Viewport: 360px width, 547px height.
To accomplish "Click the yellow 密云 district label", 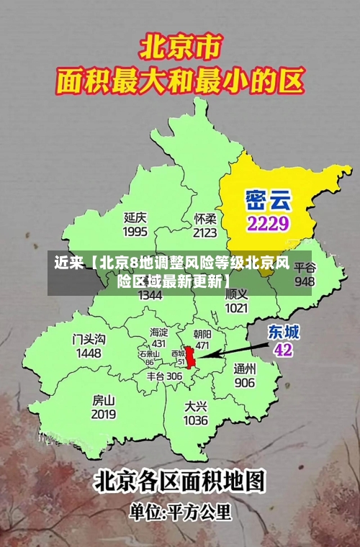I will [267, 197].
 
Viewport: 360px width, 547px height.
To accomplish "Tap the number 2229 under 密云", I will [268, 223].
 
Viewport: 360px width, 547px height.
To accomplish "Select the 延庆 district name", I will [135, 217].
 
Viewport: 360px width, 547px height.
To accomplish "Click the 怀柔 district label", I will [205, 218].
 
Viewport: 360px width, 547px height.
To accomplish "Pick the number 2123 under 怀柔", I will [205, 232].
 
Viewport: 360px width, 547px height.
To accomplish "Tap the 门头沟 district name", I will [89, 339].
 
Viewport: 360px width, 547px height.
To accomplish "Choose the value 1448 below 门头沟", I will [89, 353].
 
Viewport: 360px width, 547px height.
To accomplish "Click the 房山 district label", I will [104, 400].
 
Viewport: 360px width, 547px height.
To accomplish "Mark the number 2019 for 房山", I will [104, 415].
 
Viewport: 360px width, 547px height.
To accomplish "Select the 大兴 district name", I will [196, 405].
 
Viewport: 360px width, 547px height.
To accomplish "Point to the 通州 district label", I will [244, 368].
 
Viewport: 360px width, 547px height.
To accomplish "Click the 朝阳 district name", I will [202, 334].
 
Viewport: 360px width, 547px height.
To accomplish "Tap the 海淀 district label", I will [158, 332].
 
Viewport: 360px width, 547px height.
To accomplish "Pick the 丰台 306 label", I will [164, 376].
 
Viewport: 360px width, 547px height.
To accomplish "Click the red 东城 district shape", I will [191, 356].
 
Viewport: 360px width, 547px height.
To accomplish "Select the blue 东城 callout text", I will [284, 332].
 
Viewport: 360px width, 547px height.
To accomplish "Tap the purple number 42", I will [283, 350].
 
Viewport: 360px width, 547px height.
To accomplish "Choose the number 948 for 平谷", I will [305, 281].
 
